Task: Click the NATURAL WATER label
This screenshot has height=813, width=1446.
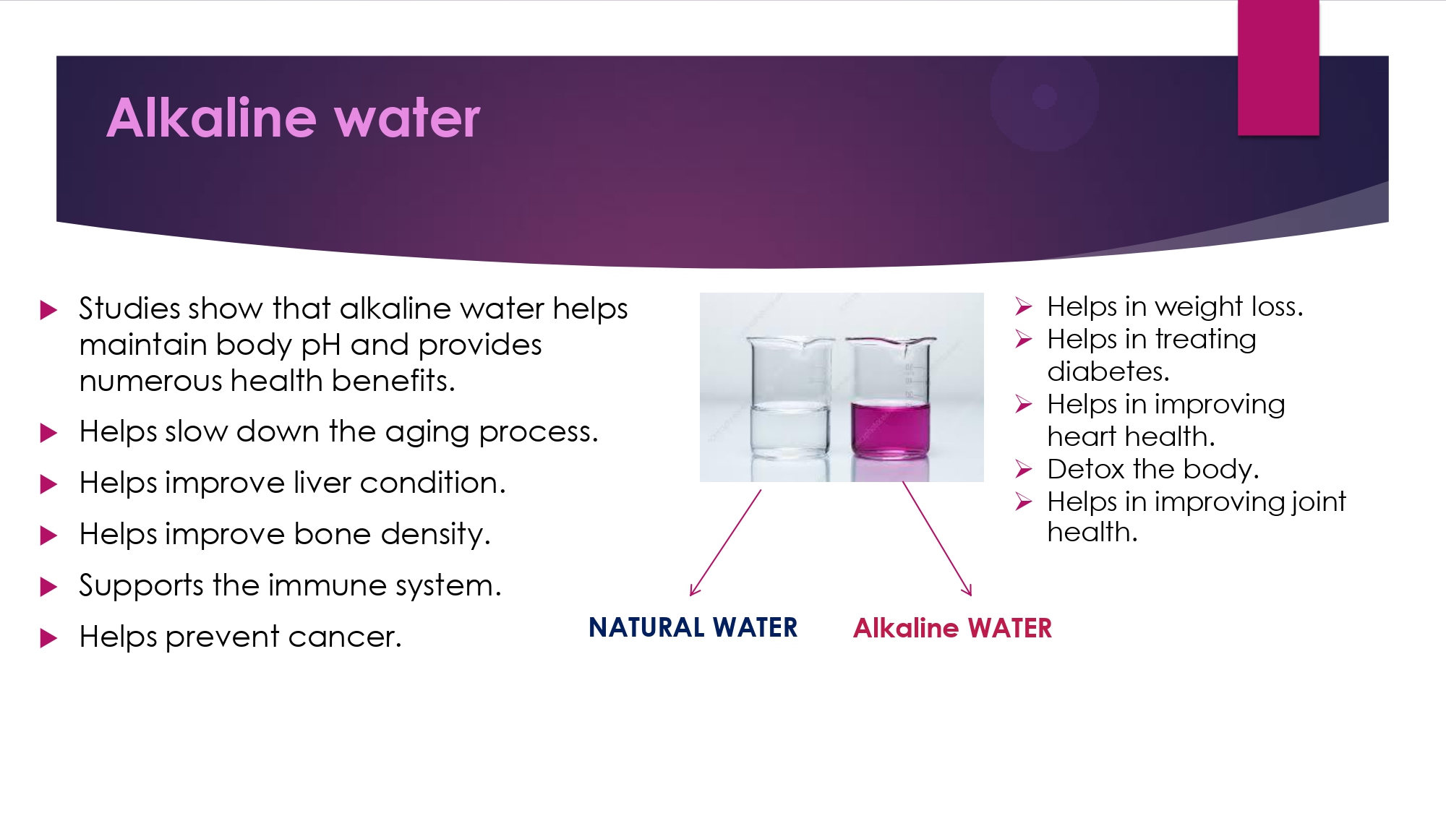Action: pyautogui.click(x=693, y=627)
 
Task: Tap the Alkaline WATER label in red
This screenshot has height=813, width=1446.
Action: pyautogui.click(x=952, y=628)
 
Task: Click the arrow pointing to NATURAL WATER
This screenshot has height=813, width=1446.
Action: pyautogui.click(x=725, y=543)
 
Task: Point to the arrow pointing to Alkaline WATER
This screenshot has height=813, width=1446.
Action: pyautogui.click(x=937, y=539)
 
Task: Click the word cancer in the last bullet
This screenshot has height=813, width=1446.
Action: pyautogui.click(x=344, y=637)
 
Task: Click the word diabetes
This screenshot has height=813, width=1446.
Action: pyautogui.click(x=1108, y=371)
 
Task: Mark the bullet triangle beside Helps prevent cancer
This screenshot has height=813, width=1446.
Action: pyautogui.click(x=48, y=638)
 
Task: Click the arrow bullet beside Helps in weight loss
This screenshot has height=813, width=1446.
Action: pyautogui.click(x=1023, y=307)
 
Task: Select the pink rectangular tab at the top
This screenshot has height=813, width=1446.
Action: pyautogui.click(x=1278, y=67)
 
